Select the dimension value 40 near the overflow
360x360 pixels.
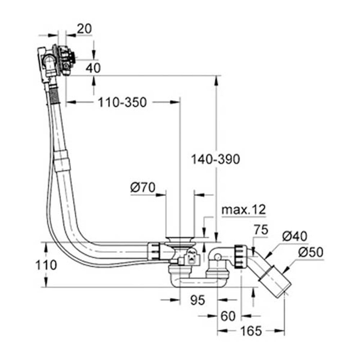(x=93, y=68)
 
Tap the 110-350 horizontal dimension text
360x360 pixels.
(x=122, y=103)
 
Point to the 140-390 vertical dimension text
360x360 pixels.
(x=215, y=159)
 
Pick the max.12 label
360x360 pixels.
(x=243, y=209)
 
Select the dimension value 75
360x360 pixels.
(x=261, y=230)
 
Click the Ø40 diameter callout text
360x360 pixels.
(x=294, y=236)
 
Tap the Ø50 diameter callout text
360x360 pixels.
(x=311, y=253)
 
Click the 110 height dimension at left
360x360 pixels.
(x=46, y=265)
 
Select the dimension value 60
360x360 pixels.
(x=228, y=316)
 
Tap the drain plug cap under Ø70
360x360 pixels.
(x=180, y=239)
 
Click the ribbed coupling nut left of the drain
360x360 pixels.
(x=154, y=251)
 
